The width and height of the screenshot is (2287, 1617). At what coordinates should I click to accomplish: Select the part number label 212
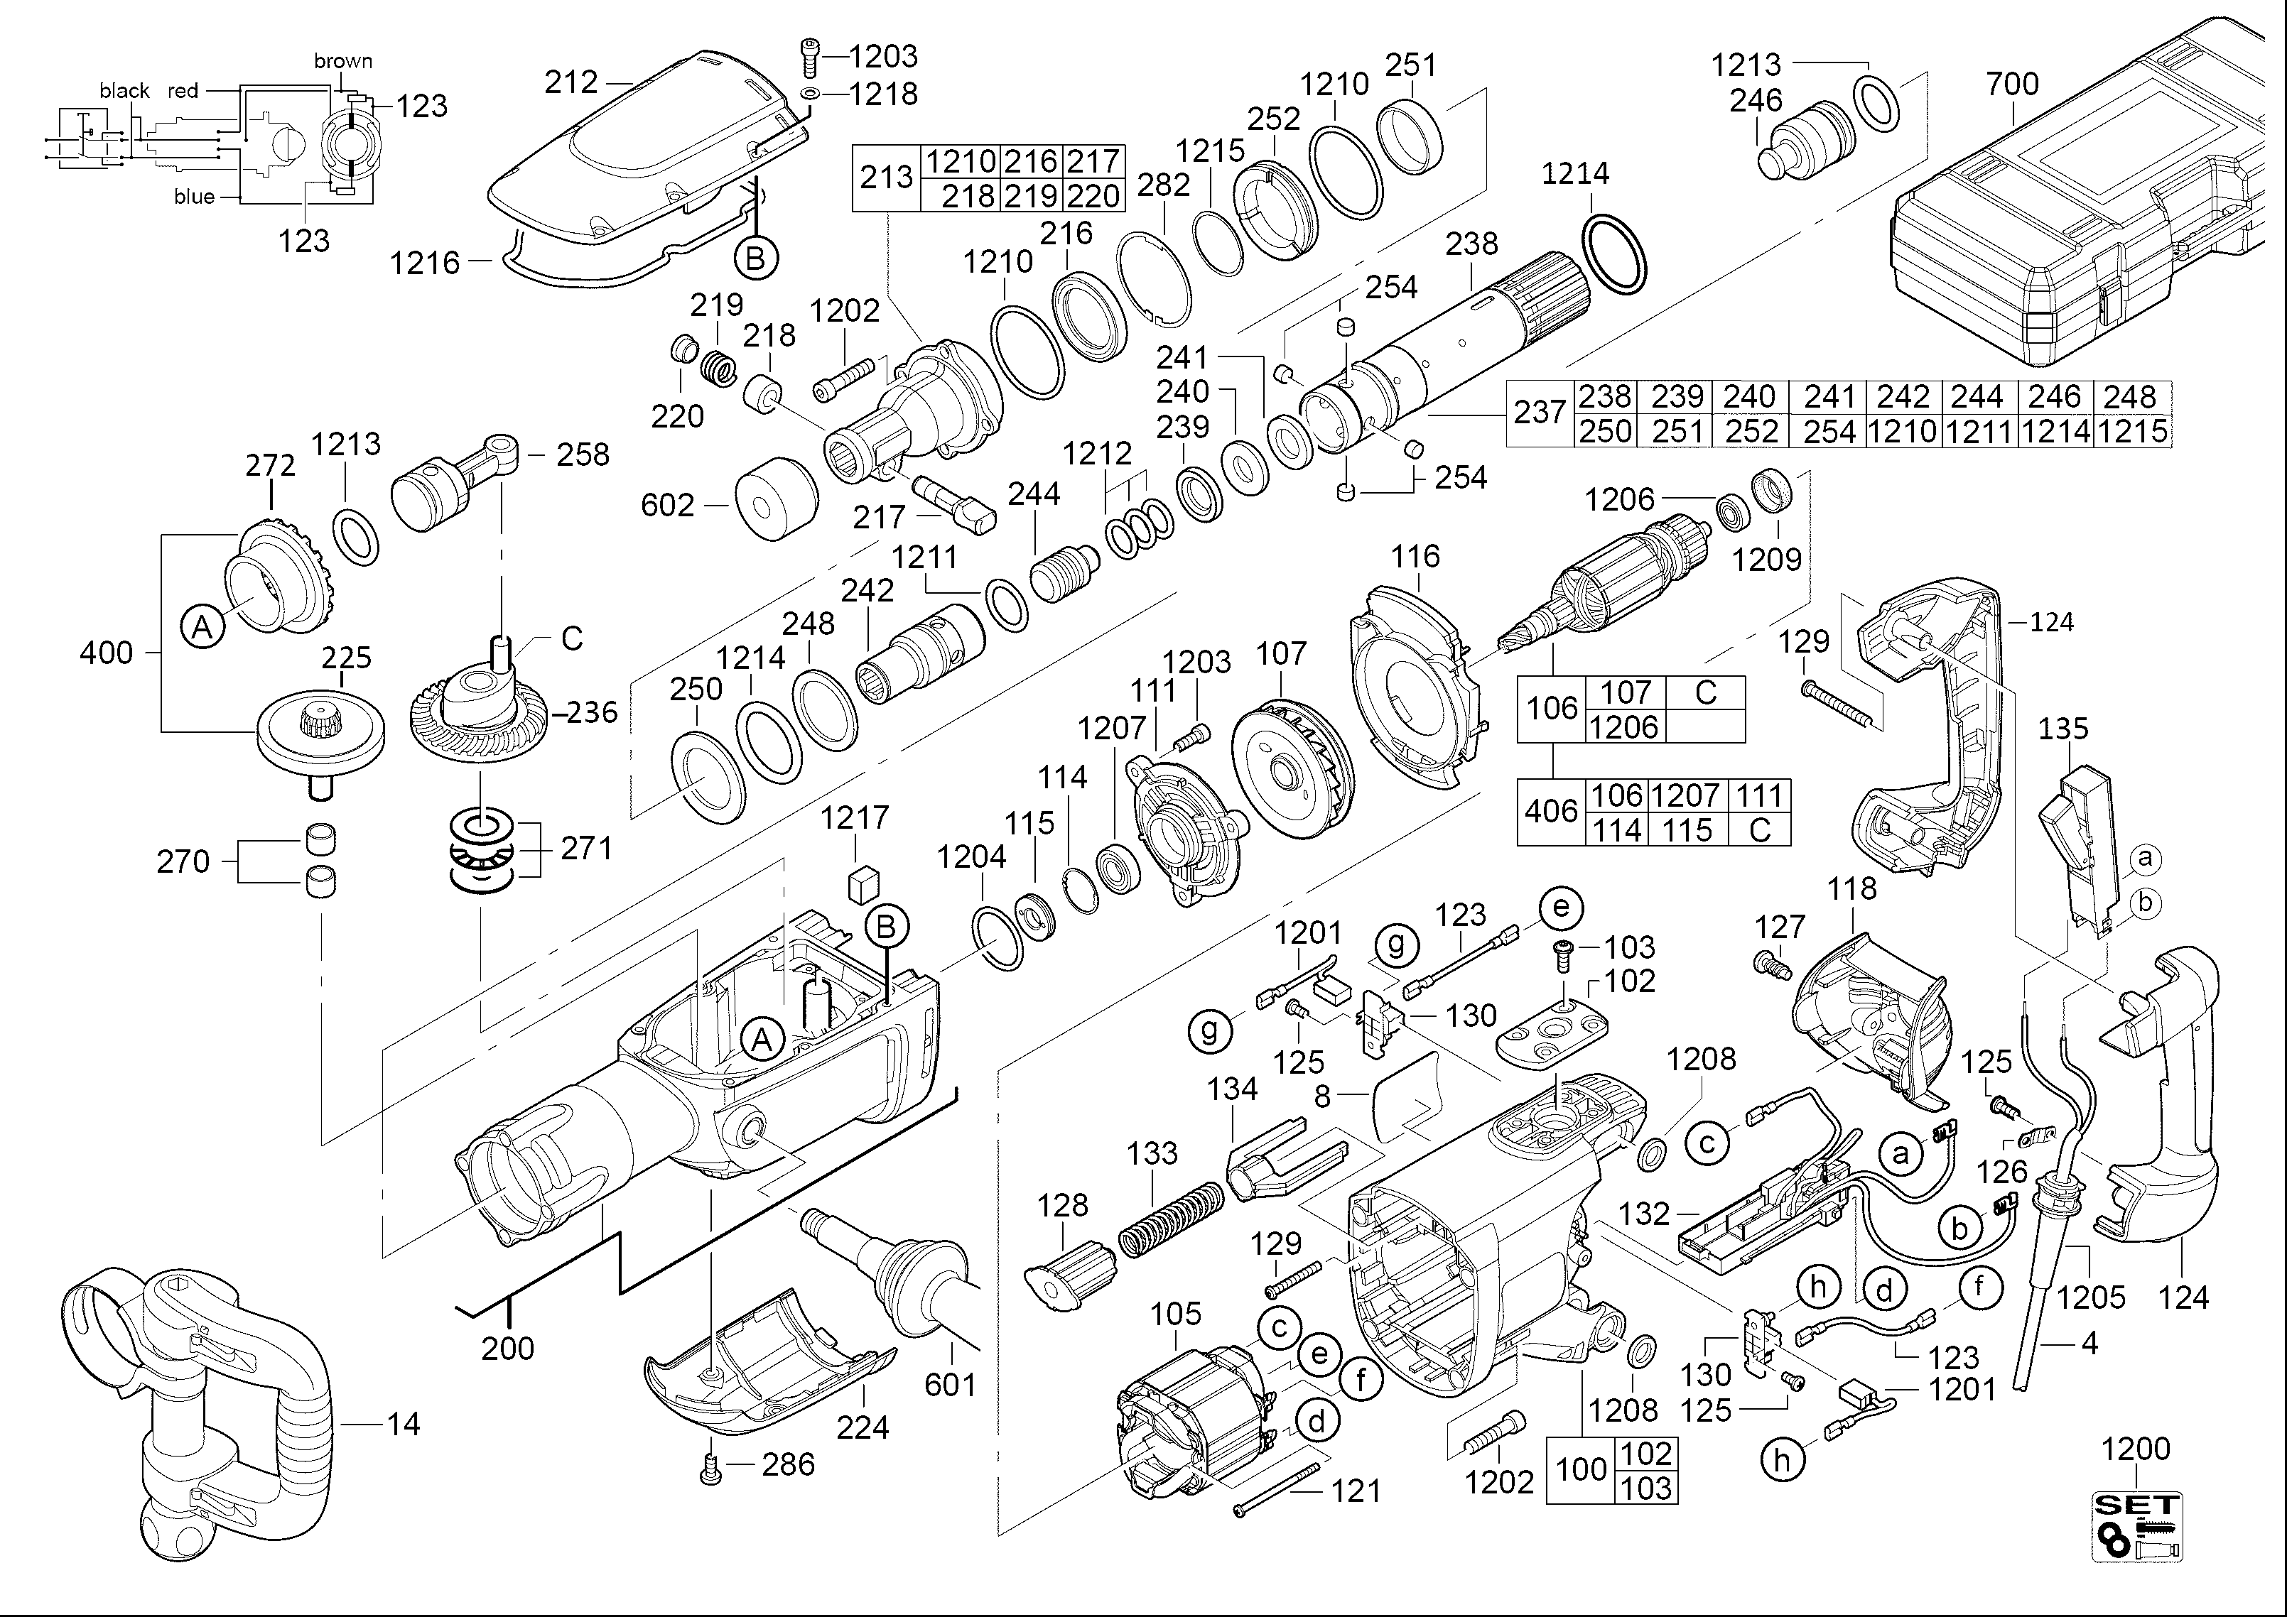pos(571,82)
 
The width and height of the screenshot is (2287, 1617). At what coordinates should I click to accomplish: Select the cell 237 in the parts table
pos(1540,412)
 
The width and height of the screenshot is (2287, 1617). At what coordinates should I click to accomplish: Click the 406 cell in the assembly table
pos(1551,812)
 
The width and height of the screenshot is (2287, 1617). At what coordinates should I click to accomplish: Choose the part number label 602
pos(667,505)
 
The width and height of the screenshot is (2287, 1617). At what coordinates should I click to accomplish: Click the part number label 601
pos(951,1384)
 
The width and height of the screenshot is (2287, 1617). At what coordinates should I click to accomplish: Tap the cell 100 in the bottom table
pos(1582,1469)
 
